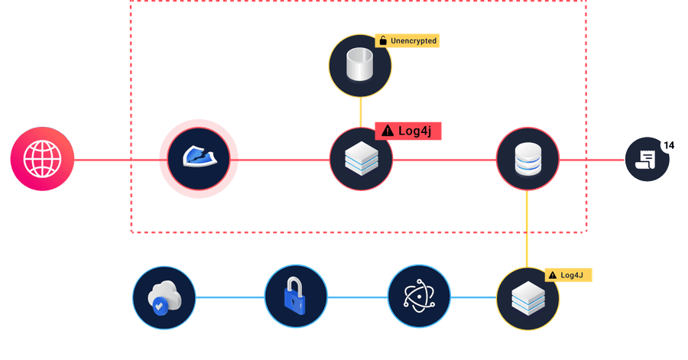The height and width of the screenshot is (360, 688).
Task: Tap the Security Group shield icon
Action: click(200, 160)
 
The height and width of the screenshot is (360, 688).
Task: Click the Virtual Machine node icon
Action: click(361, 160)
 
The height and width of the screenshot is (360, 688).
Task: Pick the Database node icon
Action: click(528, 160)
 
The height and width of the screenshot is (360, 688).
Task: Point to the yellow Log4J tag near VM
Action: click(568, 274)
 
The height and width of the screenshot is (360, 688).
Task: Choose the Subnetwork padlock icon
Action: click(296, 298)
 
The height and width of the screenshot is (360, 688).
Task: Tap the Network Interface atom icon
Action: click(417, 298)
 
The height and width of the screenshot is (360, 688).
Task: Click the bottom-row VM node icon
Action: click(528, 298)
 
